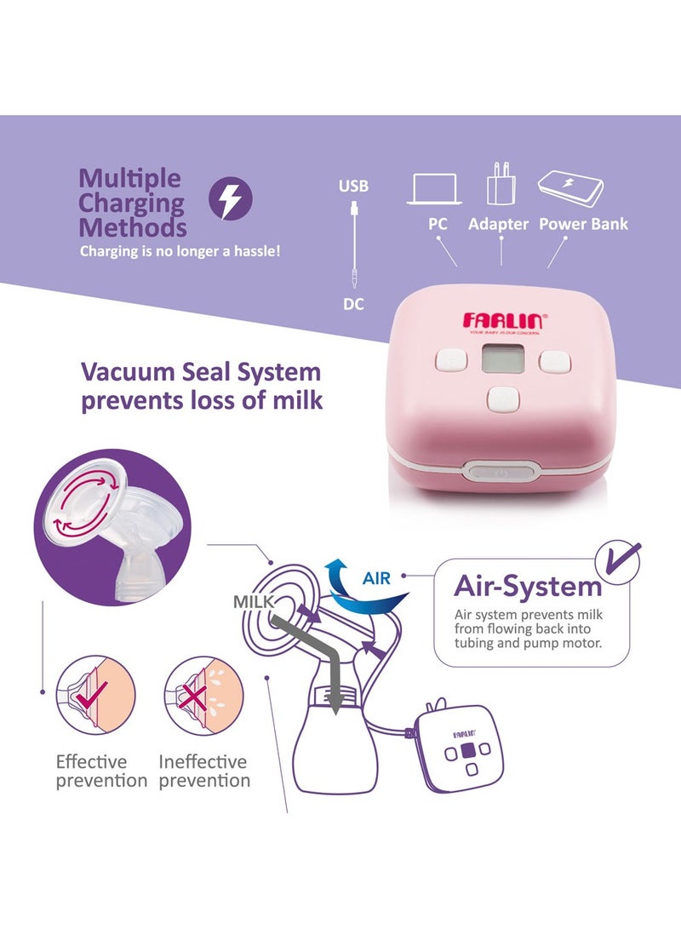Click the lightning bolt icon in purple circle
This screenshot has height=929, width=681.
231,198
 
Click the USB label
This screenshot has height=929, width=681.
353,186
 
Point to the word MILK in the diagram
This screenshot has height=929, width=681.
253,602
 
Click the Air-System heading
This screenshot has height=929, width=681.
527,586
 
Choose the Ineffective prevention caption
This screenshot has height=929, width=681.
204,771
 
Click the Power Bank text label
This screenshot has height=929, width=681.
583,224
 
